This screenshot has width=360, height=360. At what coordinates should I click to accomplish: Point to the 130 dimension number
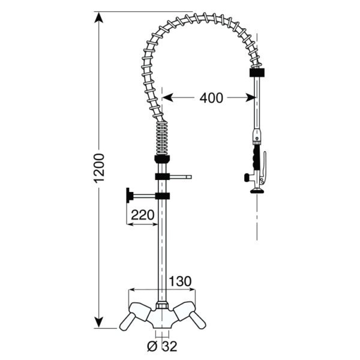[x=179, y=280]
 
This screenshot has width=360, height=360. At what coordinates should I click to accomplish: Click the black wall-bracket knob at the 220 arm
[x=128, y=196]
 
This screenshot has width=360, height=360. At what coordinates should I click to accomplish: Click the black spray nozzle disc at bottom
[x=257, y=191]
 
